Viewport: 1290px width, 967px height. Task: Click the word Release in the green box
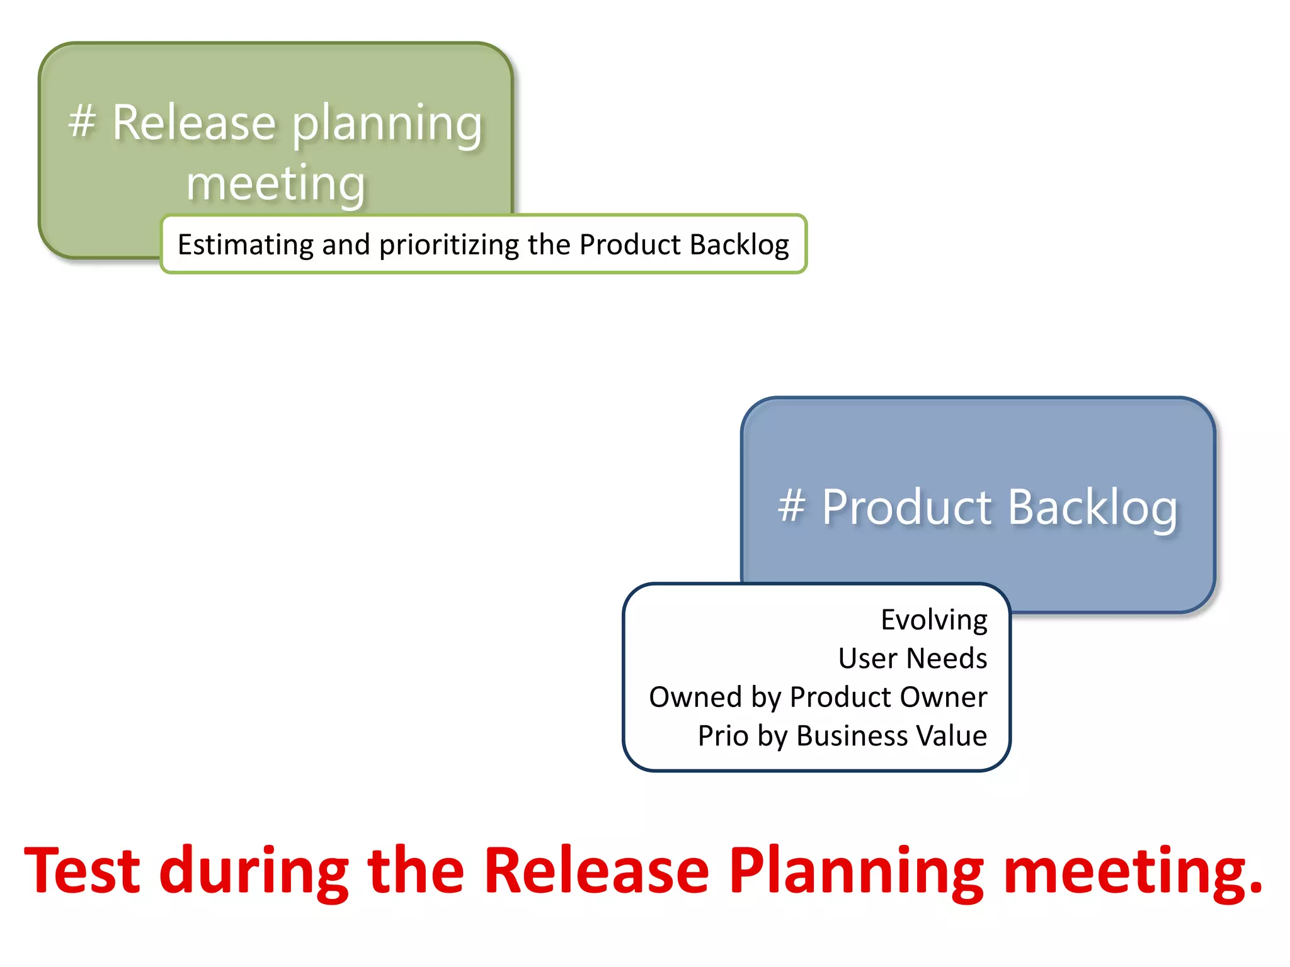coord(194,123)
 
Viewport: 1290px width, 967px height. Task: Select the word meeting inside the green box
coord(276,184)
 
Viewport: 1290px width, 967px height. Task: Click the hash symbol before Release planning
coord(82,121)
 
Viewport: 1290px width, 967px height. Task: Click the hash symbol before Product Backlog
coord(791,506)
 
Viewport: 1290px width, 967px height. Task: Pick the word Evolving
coord(933,621)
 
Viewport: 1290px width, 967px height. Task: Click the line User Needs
coord(912,659)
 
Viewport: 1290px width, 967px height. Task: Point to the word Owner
coord(943,698)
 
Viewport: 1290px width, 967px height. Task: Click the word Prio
coord(723,736)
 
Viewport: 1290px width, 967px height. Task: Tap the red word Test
coord(82,871)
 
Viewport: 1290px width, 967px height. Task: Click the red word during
coord(254,872)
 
